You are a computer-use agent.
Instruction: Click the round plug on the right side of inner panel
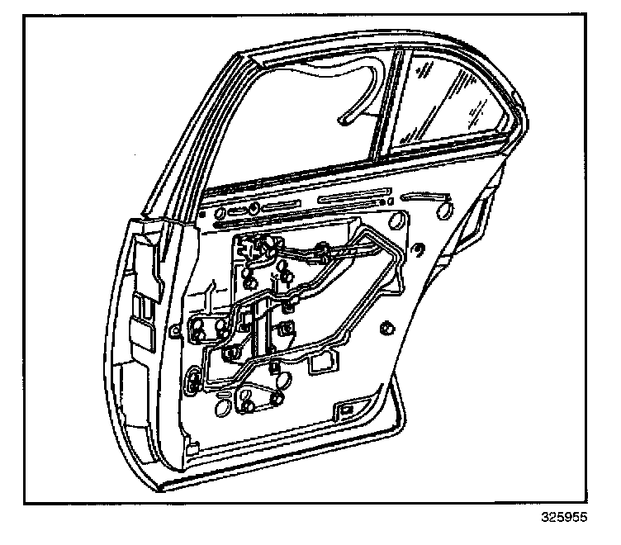click(x=386, y=329)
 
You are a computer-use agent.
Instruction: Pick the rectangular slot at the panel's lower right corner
click(x=348, y=410)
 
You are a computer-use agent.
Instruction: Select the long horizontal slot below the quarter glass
click(x=350, y=199)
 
